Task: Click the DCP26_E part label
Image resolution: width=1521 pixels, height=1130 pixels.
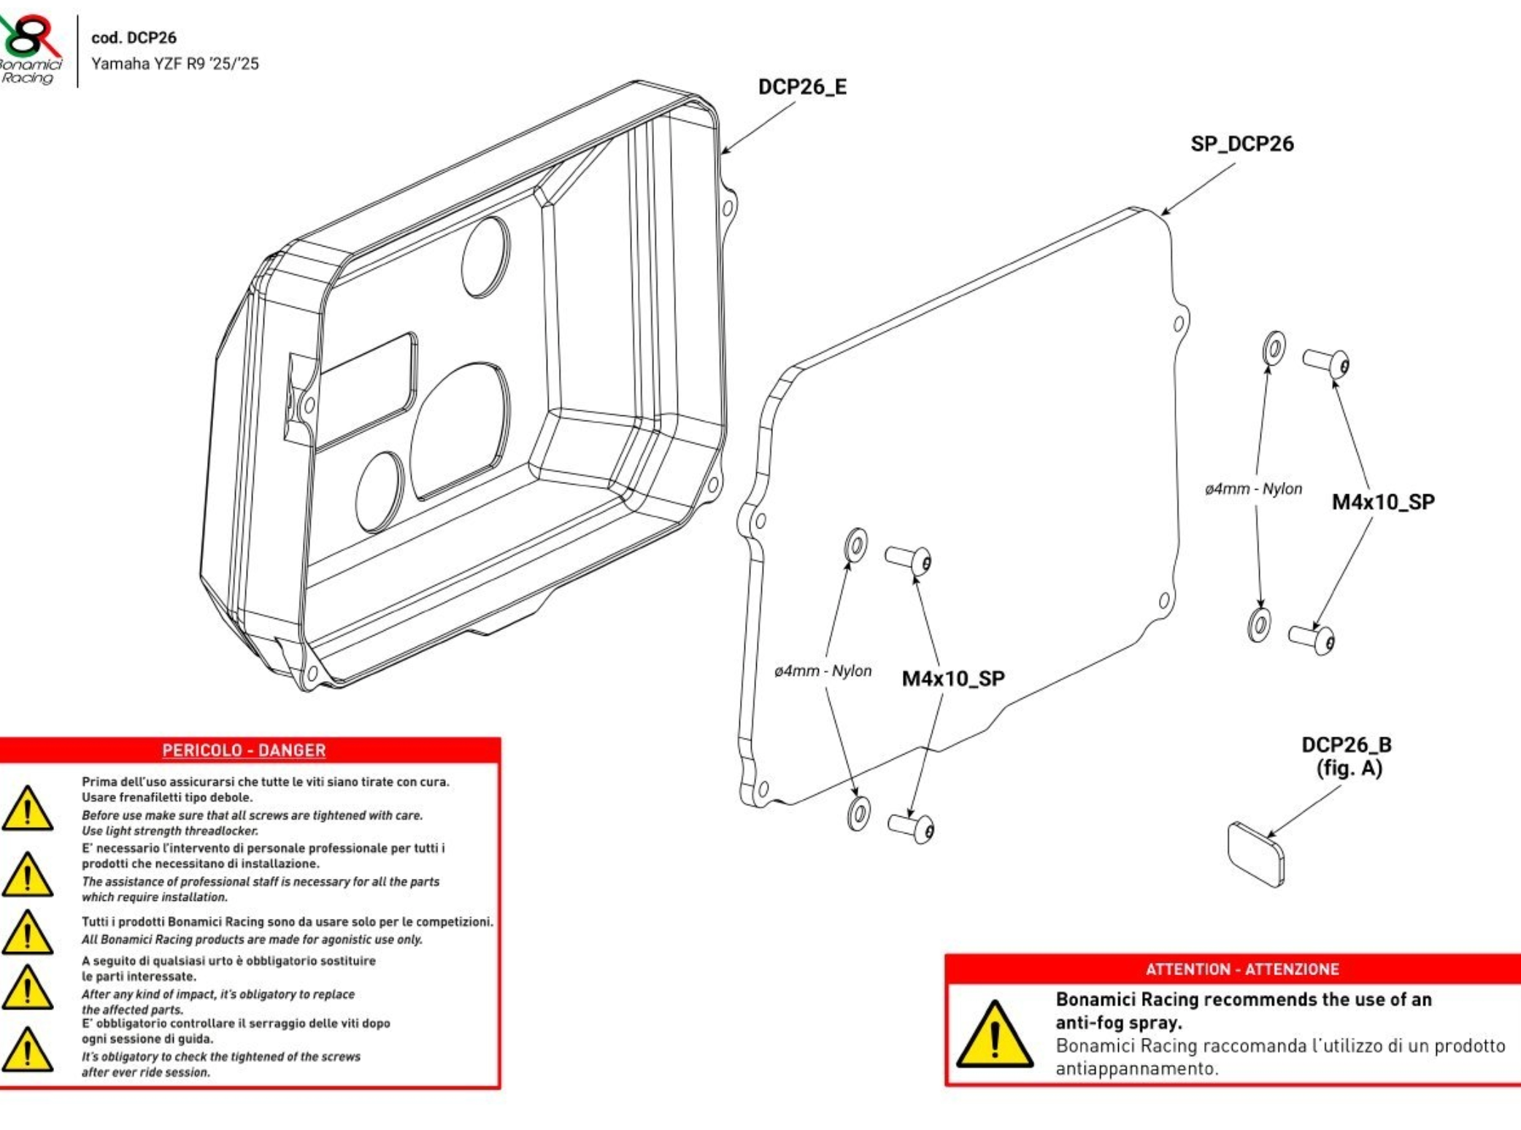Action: [x=802, y=87]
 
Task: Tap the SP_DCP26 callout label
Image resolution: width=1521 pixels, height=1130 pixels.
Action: [x=1241, y=144]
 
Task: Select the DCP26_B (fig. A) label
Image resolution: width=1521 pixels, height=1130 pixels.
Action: [x=1347, y=756]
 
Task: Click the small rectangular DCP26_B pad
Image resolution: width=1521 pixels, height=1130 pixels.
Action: [x=1256, y=854]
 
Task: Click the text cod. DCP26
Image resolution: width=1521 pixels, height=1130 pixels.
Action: [x=134, y=38]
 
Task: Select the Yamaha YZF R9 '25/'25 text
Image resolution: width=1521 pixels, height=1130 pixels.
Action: [x=174, y=64]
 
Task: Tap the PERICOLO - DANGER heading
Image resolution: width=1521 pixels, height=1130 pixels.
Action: [x=244, y=750]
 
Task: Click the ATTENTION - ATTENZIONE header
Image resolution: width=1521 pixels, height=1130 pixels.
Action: [x=1242, y=969]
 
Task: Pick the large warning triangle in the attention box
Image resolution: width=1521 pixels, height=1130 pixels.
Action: [x=994, y=1036]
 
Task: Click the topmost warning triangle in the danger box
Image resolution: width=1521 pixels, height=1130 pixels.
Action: [x=27, y=810]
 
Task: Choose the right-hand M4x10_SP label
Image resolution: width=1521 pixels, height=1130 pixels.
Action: [x=1383, y=502]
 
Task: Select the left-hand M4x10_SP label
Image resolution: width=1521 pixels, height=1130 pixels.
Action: [x=953, y=679]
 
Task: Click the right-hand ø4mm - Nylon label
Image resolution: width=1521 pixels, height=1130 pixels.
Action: [x=1253, y=489]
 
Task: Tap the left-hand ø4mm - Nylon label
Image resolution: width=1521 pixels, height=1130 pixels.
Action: [x=823, y=671]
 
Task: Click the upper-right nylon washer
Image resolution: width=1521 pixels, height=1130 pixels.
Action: [x=1274, y=348]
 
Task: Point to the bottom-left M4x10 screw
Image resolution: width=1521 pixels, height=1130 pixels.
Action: [x=911, y=827]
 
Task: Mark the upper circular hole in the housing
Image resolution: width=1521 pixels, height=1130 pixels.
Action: [x=486, y=257]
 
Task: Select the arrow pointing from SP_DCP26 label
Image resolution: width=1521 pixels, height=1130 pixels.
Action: [x=1197, y=190]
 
